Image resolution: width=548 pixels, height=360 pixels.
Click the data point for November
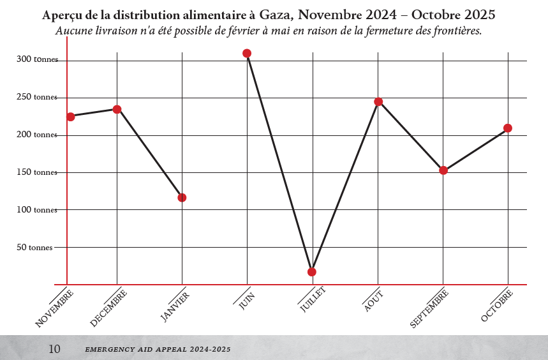tap(71, 117)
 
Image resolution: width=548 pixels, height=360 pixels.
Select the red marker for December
tap(117, 109)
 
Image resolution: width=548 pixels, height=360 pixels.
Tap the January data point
tap(182, 198)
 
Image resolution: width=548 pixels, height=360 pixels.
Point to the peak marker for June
tap(247, 54)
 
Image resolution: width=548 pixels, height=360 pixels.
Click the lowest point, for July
tap(312, 272)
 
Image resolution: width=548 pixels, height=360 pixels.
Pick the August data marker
tap(378, 101)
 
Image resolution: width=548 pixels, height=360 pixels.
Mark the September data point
tap(443, 170)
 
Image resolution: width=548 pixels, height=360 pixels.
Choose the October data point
tap(508, 128)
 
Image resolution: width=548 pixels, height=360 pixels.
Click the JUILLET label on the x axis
tap(313, 299)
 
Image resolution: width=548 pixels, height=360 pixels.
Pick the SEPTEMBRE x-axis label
tap(429, 308)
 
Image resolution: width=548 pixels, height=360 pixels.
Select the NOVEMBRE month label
tap(54, 309)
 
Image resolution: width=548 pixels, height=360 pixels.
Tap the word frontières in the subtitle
tap(454, 31)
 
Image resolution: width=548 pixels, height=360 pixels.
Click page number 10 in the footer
tap(54, 349)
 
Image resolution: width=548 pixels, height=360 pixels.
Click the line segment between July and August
tap(345, 186)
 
